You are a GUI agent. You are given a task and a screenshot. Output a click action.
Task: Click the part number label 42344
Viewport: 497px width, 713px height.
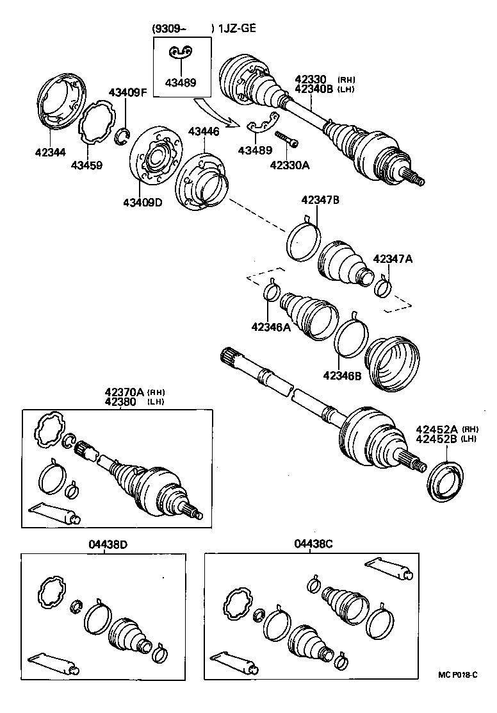[x=50, y=153]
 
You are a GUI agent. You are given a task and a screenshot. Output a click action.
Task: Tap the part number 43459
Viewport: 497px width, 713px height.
[x=86, y=165]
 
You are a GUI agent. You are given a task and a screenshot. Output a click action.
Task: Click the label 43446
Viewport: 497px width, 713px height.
[x=203, y=131]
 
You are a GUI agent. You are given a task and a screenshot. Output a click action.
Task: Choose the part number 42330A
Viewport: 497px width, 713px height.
[x=289, y=165]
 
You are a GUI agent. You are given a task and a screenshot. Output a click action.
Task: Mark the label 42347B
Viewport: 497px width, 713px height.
[x=320, y=200]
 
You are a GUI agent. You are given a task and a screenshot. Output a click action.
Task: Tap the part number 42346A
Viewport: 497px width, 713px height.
[x=271, y=327]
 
